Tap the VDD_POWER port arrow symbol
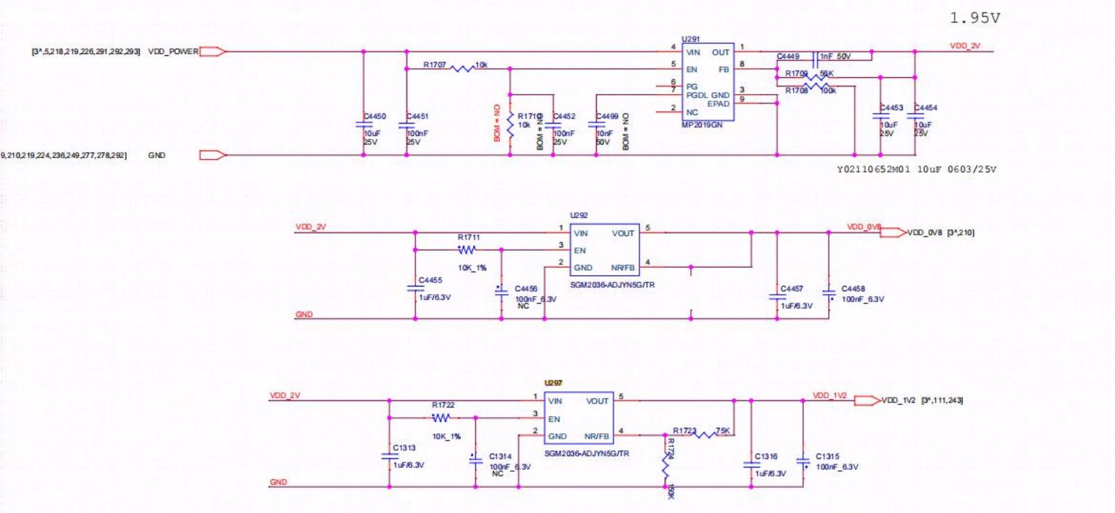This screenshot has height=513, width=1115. coord(212,51)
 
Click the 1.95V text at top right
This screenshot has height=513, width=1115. coord(974,18)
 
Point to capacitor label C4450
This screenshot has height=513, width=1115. coord(375,116)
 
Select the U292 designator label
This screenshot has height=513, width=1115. coord(578,215)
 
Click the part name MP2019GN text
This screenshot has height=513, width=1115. coord(702,125)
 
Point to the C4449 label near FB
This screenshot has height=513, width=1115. coord(788,57)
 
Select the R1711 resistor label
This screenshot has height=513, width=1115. coord(468,237)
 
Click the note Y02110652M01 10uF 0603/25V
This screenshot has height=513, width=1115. coord(917,169)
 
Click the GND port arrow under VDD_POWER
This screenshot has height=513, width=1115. coord(212,155)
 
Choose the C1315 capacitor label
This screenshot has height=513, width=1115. coord(827,456)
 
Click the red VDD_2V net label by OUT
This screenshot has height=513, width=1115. coord(965,46)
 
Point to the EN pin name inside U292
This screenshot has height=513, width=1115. coord(580,250)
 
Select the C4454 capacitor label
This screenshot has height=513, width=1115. coord(926,107)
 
